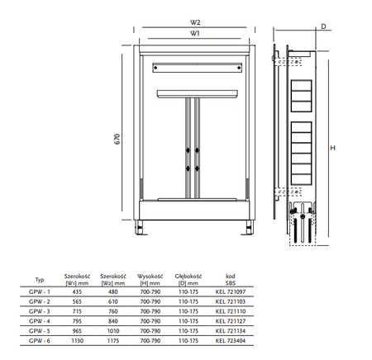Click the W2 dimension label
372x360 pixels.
tap(195, 22)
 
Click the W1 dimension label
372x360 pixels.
tap(194, 33)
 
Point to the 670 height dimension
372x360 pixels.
tap(117, 139)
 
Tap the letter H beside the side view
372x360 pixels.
tap(332, 148)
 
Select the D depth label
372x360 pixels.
tap(323, 26)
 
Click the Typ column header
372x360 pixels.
tap(40, 280)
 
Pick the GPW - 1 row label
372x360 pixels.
tap(40, 291)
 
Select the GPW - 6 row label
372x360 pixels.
tap(40, 341)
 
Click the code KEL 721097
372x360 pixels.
tap(231, 291)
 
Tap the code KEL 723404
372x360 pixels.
tap(231, 341)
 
